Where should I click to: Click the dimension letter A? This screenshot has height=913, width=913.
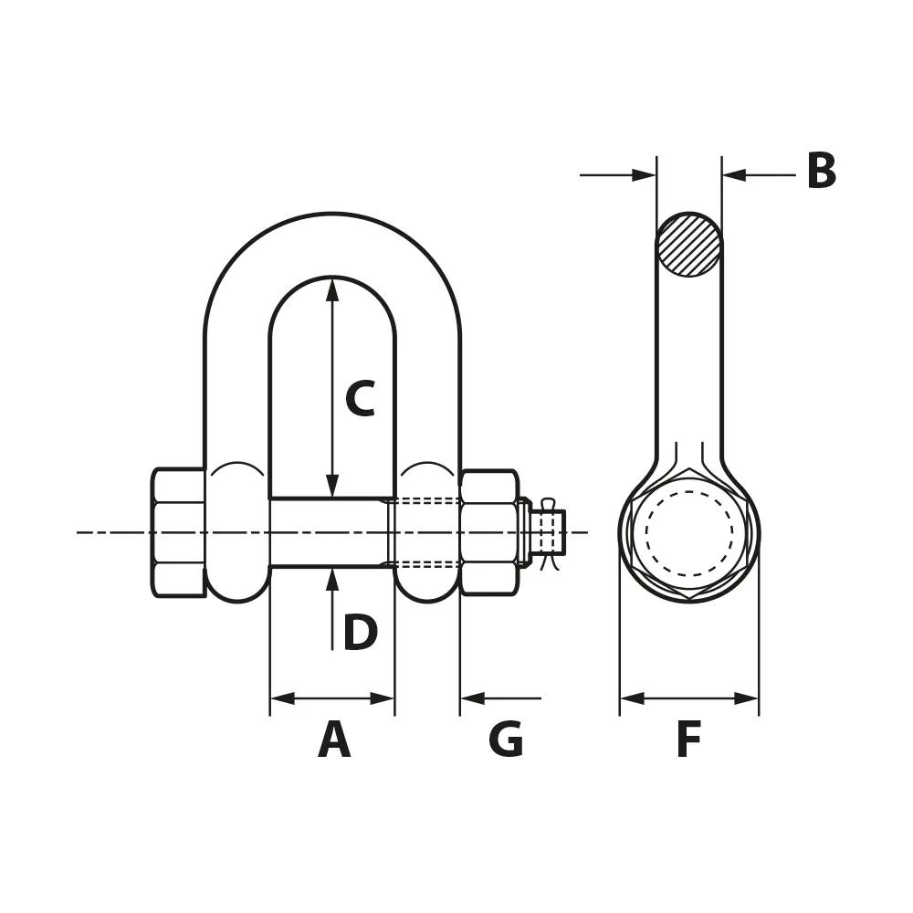(x=334, y=739)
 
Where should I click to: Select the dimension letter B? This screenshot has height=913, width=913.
(x=821, y=172)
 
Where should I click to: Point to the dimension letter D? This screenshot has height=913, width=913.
(x=361, y=633)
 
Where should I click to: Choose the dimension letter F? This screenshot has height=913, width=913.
(x=688, y=739)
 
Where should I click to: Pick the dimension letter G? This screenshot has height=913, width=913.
(x=506, y=739)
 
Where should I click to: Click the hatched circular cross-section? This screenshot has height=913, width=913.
(x=688, y=245)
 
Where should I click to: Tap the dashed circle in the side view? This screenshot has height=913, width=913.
(x=688, y=533)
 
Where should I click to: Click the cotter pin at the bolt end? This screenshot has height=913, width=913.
(x=549, y=533)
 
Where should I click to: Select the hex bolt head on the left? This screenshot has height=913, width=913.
(x=179, y=533)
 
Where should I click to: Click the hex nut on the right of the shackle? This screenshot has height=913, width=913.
(x=489, y=533)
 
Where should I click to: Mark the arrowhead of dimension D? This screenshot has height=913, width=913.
(x=332, y=580)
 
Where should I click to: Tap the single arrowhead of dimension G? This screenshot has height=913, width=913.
(x=472, y=698)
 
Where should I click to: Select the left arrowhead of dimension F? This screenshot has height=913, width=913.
(x=633, y=698)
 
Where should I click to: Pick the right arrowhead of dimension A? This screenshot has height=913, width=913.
(x=383, y=698)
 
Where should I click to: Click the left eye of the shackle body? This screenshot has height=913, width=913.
(x=237, y=533)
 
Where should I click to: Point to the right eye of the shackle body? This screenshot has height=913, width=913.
(x=428, y=533)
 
